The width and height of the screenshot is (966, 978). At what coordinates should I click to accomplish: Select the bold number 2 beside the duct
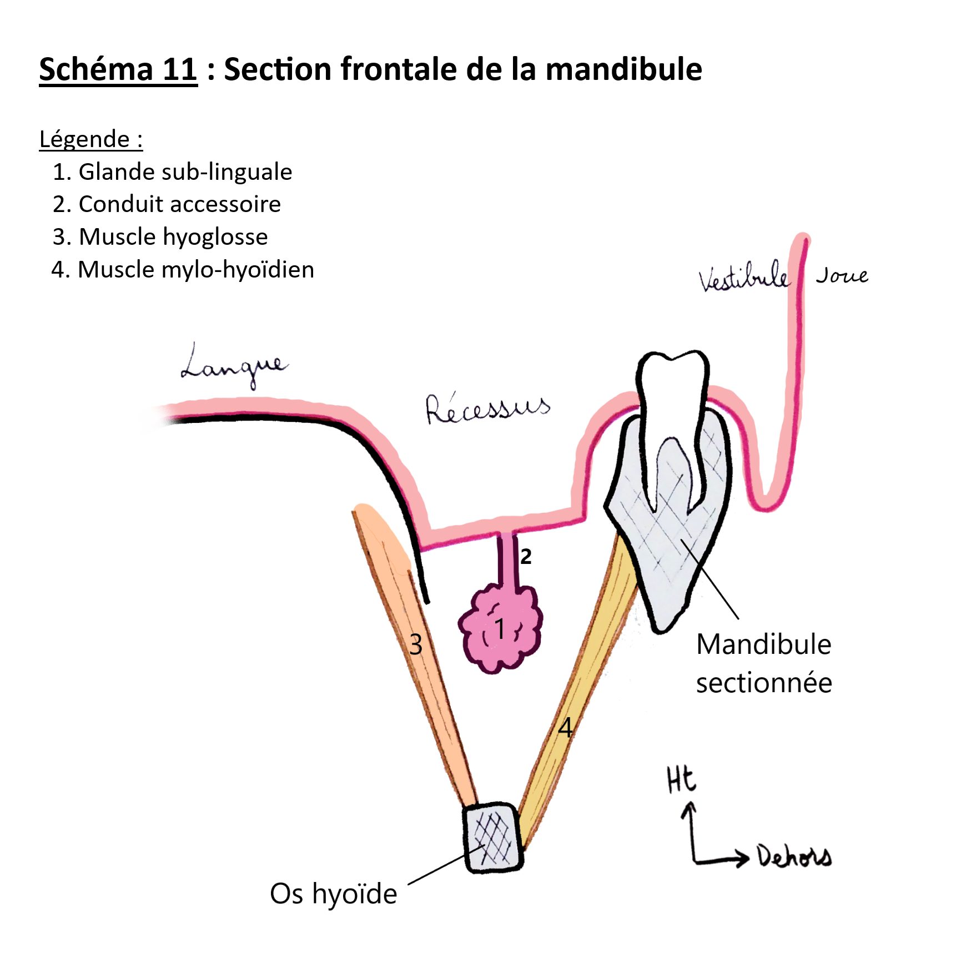(x=526, y=556)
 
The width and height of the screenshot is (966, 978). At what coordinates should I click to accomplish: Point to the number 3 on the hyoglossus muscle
(x=416, y=645)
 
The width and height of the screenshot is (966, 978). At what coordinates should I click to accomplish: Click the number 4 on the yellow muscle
(x=565, y=727)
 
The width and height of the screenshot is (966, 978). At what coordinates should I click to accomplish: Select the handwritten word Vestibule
(x=743, y=276)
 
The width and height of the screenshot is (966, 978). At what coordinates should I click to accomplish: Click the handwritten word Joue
(x=842, y=275)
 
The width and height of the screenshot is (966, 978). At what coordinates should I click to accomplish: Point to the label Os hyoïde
(x=333, y=894)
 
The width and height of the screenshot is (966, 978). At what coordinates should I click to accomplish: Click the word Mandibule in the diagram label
(x=764, y=644)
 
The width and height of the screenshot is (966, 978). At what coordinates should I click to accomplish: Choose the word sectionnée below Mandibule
(x=764, y=683)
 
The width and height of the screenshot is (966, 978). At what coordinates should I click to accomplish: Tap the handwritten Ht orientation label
(x=681, y=779)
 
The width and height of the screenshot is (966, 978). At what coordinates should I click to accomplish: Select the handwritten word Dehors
(x=794, y=856)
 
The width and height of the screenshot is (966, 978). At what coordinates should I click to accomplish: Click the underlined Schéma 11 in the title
(x=118, y=69)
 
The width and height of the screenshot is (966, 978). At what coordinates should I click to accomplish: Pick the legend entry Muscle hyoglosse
(x=173, y=237)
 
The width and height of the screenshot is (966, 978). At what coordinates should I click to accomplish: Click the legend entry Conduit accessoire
(x=179, y=204)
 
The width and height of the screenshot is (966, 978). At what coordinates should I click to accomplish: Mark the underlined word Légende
(x=84, y=139)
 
